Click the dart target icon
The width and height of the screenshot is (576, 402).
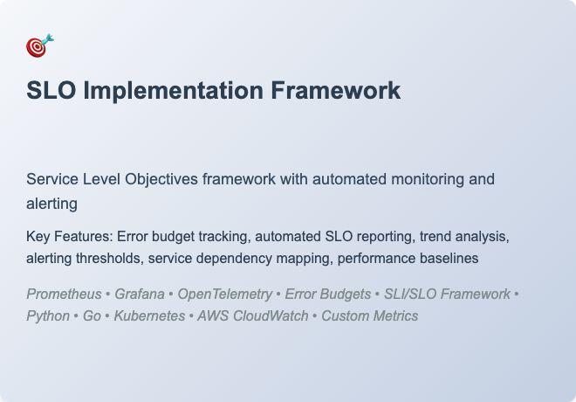pos(39,46)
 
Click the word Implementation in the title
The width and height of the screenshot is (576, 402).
pos(173,91)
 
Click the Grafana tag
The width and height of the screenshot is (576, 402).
pos(139,295)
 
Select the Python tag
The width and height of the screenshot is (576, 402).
pos(48,316)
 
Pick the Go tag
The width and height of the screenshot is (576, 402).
pos(92,316)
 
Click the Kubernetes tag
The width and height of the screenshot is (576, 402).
pos(148,316)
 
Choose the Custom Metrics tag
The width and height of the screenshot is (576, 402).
pos(369,316)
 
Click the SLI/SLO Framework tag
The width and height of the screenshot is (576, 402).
pos(447,295)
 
